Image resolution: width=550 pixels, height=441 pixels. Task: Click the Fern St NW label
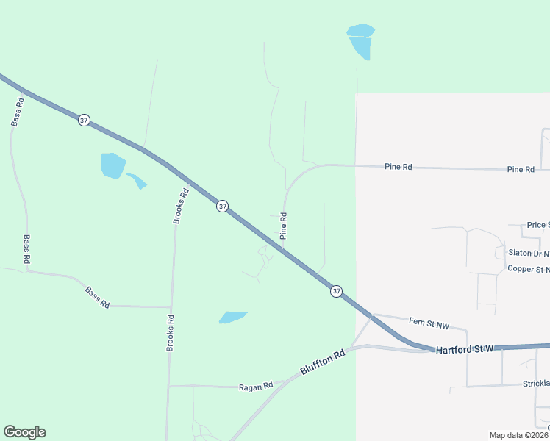click(x=429, y=323)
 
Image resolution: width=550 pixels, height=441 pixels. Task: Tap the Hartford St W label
click(x=464, y=350)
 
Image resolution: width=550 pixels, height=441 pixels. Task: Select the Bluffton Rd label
click(x=322, y=364)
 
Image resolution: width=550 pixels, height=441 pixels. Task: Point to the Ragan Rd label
click(x=256, y=386)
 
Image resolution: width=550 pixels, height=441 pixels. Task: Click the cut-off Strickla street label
click(x=535, y=384)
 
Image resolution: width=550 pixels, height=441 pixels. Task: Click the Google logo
click(x=24, y=432)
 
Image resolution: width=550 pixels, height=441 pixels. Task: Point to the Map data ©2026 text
click(x=518, y=435)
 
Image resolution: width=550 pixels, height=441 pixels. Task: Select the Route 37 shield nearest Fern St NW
click(x=336, y=291)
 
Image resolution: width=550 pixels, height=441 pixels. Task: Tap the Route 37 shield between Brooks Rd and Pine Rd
click(x=222, y=207)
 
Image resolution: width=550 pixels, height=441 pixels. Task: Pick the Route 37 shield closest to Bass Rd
click(x=85, y=120)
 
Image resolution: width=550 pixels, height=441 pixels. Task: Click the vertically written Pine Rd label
click(x=283, y=226)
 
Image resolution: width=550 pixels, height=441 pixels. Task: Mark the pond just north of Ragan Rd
click(x=232, y=318)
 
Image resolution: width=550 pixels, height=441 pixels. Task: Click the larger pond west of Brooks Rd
click(x=113, y=165)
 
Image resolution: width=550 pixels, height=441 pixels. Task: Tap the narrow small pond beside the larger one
click(x=137, y=180)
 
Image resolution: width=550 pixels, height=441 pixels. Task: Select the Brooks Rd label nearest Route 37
click(x=181, y=206)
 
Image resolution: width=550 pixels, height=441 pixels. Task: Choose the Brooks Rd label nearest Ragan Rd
click(x=170, y=332)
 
